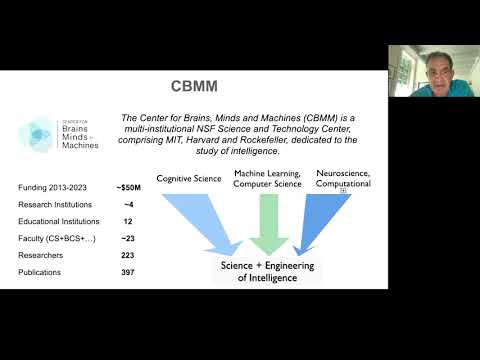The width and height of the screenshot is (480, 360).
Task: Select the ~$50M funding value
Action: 129,188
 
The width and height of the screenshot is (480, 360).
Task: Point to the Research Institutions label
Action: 55,204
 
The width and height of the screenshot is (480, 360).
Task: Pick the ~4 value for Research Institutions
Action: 128,204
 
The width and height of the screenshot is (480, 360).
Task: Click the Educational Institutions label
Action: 59,221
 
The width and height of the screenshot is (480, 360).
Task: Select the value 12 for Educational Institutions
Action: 128,221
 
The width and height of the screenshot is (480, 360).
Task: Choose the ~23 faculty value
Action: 128,238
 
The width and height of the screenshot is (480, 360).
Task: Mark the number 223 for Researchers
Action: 128,254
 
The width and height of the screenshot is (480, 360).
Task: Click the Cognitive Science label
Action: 189,179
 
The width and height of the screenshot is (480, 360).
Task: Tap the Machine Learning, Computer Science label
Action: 268,179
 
